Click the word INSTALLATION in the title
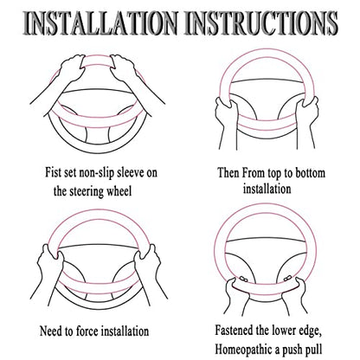[x=100, y=22]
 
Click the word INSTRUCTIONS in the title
[x=260, y=22]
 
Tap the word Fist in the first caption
[x=54, y=172]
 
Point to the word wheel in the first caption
[x=119, y=190]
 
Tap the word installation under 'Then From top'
[x=267, y=189]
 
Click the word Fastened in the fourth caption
[x=235, y=330]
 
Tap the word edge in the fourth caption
[x=311, y=331]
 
